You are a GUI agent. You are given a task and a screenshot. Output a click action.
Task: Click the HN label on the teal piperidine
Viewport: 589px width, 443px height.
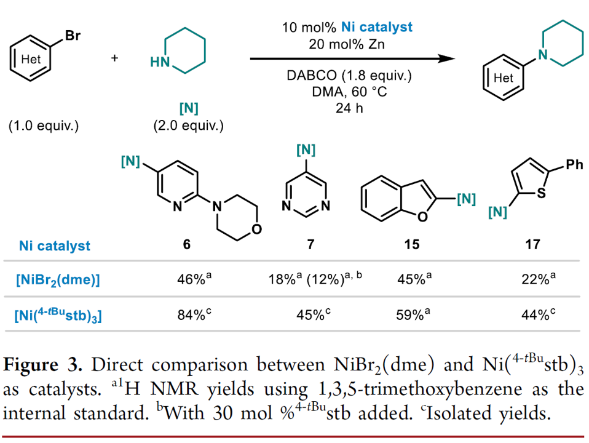[x=159, y=62]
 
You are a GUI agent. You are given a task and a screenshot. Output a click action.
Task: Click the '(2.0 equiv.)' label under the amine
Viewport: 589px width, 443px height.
[x=188, y=126]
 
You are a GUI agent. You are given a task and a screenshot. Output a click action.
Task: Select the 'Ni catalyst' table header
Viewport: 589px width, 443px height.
[x=54, y=245]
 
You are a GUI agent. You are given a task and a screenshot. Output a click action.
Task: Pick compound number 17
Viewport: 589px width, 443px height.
[x=532, y=245]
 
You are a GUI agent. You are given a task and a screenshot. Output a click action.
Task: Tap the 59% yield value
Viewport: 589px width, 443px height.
[x=411, y=316]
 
